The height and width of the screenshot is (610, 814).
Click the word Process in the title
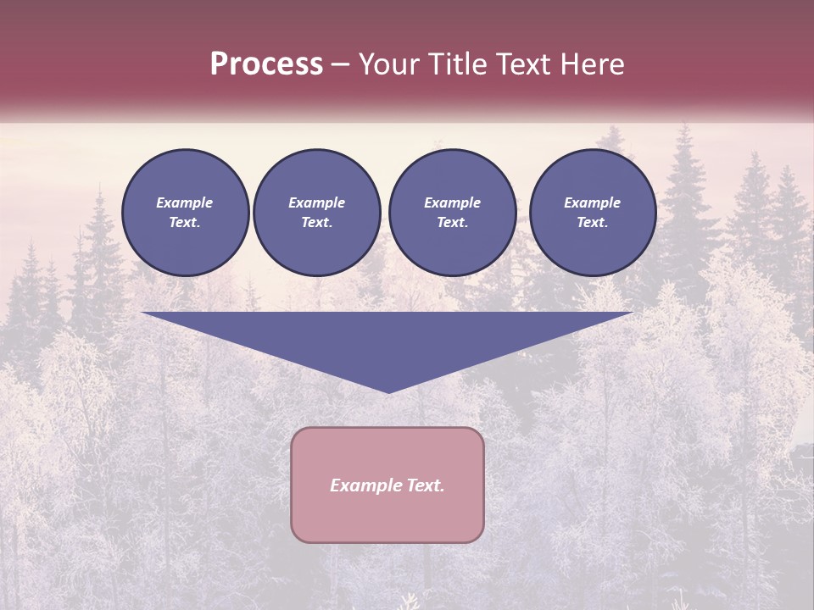tap(266, 64)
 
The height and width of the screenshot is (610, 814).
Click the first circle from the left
tap(185, 213)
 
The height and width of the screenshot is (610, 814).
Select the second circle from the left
tap(317, 213)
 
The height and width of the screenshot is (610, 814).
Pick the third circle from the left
tap(453, 213)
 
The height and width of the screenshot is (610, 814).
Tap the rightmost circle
tap(593, 213)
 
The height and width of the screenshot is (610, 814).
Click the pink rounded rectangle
tap(387, 485)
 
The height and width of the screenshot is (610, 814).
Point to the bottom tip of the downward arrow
tap(388, 391)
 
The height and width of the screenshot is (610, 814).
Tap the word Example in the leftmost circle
tap(185, 202)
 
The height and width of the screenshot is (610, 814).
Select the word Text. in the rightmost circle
tap(593, 223)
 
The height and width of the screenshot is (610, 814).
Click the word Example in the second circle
tap(317, 202)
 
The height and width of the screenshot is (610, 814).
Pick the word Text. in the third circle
tap(453, 223)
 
